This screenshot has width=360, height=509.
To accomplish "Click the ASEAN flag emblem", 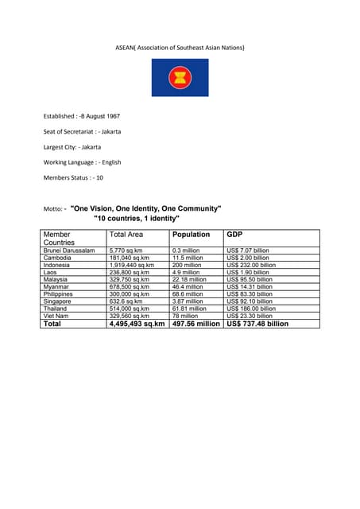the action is click(x=180, y=78).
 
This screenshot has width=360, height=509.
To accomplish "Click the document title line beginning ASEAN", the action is click(x=180, y=48).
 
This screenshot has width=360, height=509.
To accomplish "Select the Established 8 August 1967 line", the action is click(x=87, y=116).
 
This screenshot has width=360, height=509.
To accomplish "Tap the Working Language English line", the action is click(x=82, y=162).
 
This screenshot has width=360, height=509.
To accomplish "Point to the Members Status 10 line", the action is click(x=73, y=177).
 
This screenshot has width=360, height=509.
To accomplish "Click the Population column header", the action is click(x=191, y=235).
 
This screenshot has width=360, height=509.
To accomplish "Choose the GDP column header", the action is click(x=234, y=235).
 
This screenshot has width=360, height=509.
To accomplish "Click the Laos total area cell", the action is click(x=130, y=272).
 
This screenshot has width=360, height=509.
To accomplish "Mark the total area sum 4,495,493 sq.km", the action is click(x=137, y=324).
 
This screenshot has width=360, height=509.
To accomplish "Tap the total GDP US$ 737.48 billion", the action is click(x=257, y=324).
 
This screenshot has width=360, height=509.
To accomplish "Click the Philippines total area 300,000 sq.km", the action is click(x=130, y=294).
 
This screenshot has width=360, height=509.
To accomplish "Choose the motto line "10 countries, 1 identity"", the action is click(x=137, y=218).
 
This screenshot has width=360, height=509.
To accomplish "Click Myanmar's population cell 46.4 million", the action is click(x=188, y=286).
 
